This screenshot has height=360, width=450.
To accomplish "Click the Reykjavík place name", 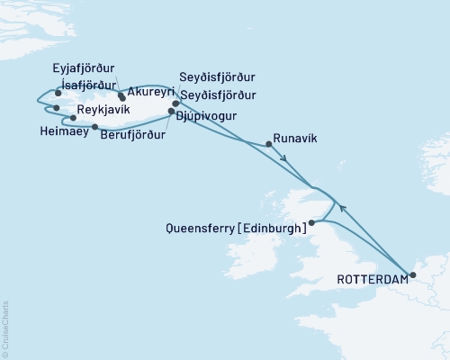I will click(x=103, y=108).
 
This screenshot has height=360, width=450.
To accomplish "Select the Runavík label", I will click(x=297, y=139).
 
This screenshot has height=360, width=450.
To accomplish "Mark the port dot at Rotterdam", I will click(x=413, y=275).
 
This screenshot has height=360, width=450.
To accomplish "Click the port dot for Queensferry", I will click(x=311, y=222).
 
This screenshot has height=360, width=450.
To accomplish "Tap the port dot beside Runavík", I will click(x=268, y=143).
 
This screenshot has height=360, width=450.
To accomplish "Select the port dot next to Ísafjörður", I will click(x=58, y=92).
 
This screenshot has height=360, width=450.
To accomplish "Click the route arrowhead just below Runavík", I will click(x=285, y=160).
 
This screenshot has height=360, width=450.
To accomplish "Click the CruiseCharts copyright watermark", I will click(x=5, y=328).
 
